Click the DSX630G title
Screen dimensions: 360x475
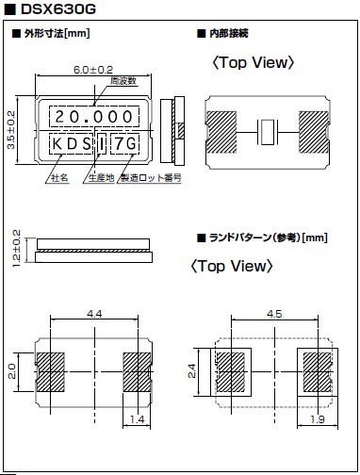coord(58,9)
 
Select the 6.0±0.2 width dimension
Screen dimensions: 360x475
coord(93,70)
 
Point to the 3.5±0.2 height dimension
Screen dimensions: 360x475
coord(11,130)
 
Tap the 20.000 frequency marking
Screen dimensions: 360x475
coord(94,117)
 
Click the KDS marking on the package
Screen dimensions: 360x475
coord(72,144)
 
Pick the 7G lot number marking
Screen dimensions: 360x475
coord(125,144)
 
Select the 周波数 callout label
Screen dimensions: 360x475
coord(123,81)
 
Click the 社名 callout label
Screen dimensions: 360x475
coord(59,178)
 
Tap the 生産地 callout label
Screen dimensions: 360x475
coord(101,178)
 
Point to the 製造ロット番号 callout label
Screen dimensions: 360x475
coord(151,178)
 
